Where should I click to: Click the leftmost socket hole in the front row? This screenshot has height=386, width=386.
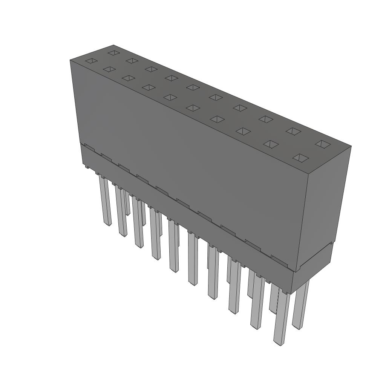tap(91, 61)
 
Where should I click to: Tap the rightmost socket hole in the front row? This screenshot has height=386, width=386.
tap(301, 158)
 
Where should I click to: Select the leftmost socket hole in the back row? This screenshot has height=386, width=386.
tap(113, 52)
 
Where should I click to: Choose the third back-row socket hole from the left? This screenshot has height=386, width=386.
tap(151, 69)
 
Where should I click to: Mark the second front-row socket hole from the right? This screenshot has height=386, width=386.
tap(271, 144)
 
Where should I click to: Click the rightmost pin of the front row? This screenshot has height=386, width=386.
tap(281, 317)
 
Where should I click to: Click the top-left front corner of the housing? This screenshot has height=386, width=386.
tap(70, 60)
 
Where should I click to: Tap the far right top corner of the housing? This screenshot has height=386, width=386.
tap(351, 147)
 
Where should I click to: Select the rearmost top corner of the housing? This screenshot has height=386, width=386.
tap(113, 46)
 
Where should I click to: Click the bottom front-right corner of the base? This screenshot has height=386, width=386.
tap(292, 294)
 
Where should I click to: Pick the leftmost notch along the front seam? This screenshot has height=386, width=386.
tap(86, 145)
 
